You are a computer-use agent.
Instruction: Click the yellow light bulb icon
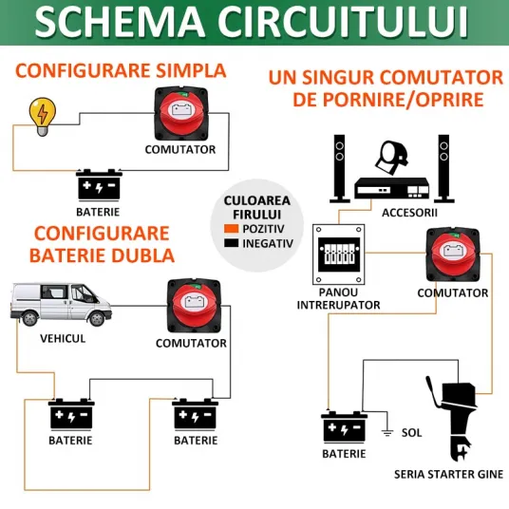point(42,116)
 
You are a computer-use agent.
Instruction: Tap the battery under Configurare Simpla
point(99,184)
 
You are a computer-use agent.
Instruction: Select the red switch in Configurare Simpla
point(180,113)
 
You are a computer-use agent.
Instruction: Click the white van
point(61,305)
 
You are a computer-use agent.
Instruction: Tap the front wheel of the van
point(97,318)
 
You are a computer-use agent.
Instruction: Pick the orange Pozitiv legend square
point(231,229)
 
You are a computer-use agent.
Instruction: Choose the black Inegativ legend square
point(231,243)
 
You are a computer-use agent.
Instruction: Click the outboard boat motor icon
point(452,418)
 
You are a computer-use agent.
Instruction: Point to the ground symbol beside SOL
point(386,429)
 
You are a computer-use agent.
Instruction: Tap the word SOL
point(411,433)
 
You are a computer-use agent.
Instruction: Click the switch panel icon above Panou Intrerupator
point(339,254)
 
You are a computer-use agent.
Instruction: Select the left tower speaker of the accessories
point(340,169)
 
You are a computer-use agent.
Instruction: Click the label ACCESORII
point(409,213)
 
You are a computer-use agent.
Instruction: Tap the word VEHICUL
point(63,339)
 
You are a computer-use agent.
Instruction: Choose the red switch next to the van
point(194,306)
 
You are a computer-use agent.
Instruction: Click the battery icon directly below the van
point(71,415)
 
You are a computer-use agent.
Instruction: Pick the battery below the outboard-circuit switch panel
point(344,427)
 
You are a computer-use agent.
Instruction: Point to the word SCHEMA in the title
point(120,21)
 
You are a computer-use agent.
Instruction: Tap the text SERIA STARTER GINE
point(448,475)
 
